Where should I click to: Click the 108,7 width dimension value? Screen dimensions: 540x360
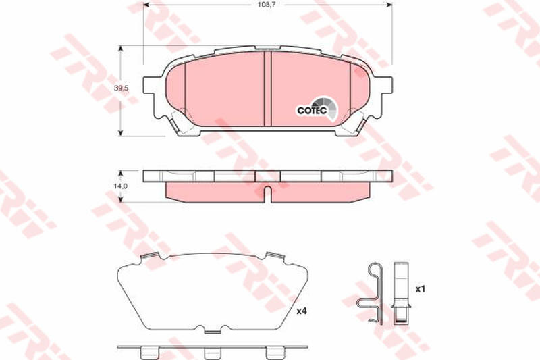[268, 5]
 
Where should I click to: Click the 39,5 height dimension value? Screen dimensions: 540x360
[122, 88]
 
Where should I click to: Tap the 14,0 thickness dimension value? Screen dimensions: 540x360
[121, 186]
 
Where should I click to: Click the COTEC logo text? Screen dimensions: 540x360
[312, 110]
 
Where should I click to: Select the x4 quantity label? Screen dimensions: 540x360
[301, 311]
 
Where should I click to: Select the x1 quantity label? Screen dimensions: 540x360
[420, 289]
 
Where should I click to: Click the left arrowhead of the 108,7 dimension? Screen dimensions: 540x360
[146, 5]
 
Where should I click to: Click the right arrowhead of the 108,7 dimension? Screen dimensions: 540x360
[389, 5]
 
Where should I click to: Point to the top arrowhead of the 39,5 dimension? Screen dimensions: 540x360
[120, 49]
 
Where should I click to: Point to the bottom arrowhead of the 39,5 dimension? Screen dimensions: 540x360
[120, 132]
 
